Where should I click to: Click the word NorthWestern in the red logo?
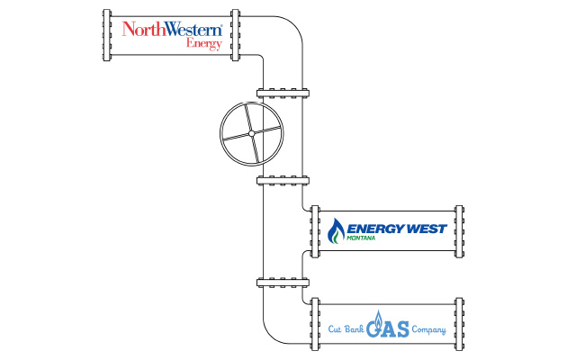pyautogui.click(x=171, y=30)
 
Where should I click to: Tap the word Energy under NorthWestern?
pyautogui.click(x=203, y=43)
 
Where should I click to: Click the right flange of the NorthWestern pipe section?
pyautogui.click(x=235, y=37)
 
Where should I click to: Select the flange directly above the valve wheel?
pyautogui.click(x=283, y=92)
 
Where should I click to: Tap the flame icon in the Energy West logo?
pyautogui.click(x=336, y=231)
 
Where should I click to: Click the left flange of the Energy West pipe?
pyautogui.click(x=314, y=230)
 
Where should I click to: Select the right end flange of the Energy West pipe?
pyautogui.click(x=459, y=230)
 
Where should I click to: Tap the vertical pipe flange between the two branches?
pyautogui.click(x=283, y=283)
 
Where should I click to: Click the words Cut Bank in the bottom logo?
pyautogui.click(x=345, y=329)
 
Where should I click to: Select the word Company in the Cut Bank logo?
pyautogui.click(x=428, y=329)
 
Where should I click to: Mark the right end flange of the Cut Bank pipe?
pyautogui.click(x=459, y=323)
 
